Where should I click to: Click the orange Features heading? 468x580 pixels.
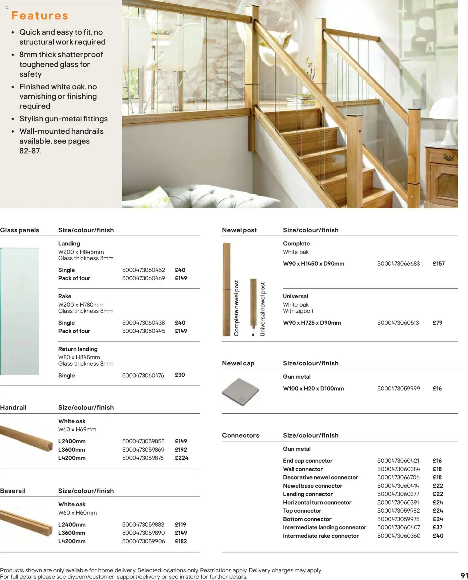40,16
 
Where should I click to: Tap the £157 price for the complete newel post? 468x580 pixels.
438,264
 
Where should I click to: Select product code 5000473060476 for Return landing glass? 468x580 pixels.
143,376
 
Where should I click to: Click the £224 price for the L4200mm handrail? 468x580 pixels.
181,458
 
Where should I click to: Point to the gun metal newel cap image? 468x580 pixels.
241,392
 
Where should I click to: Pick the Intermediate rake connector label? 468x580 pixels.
321,536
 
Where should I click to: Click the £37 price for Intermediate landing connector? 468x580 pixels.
438,527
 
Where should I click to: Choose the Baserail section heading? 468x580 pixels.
13,491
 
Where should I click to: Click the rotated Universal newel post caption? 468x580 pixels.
262,309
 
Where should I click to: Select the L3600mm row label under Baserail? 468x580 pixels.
72,533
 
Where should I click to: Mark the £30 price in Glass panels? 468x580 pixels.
180,375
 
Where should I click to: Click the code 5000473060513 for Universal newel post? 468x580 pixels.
398,323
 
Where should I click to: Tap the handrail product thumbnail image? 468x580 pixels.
27,437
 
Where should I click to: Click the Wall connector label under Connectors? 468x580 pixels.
303,469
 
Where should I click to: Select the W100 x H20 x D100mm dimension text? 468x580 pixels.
313,389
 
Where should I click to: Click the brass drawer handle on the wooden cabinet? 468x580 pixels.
449,157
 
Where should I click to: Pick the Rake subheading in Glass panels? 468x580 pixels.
65,296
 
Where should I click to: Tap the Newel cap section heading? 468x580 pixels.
238,363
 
